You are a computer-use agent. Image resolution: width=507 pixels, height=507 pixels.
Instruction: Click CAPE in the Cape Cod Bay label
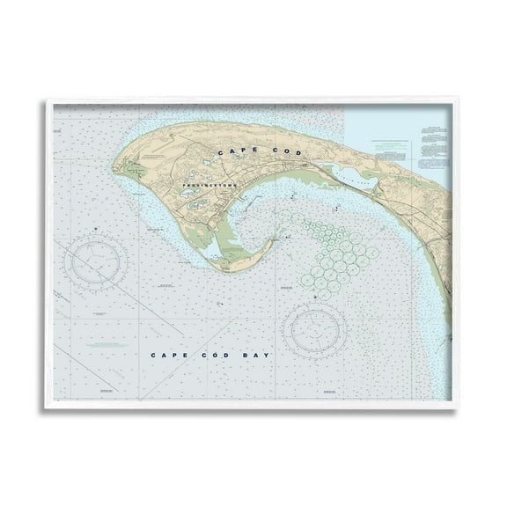click(166, 355)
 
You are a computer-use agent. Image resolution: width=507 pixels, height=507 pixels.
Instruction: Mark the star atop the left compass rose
click(96, 229)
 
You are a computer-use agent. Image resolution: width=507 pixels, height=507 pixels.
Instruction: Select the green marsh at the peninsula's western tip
click(129, 168)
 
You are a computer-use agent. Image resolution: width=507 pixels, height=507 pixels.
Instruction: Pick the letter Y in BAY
click(268, 355)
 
